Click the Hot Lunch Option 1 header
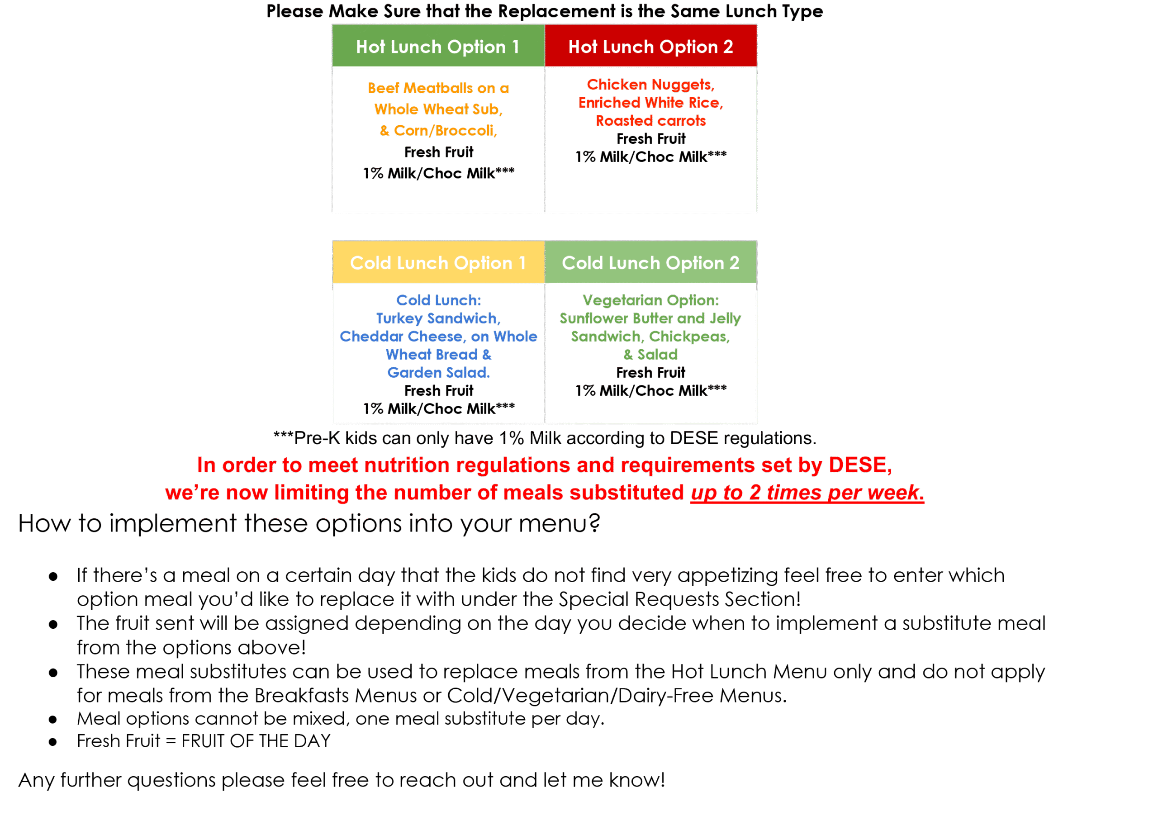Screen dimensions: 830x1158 click(x=437, y=47)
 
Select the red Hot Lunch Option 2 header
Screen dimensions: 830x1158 click(x=650, y=47)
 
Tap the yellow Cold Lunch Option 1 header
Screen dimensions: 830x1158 click(x=437, y=263)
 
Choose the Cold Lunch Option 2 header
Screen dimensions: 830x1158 click(x=650, y=263)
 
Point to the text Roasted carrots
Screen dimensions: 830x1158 click(x=650, y=120)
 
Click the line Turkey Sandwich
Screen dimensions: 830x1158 click(x=438, y=318)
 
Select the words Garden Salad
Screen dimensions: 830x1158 click(x=438, y=372)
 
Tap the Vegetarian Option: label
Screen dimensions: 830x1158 click(x=650, y=300)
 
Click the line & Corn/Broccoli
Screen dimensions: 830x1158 click(x=438, y=131)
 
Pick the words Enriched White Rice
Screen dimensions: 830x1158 click(x=650, y=103)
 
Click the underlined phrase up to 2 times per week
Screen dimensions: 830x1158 click(x=807, y=493)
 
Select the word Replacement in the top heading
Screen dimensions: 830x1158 click(x=556, y=11)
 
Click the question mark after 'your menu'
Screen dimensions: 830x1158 click(x=594, y=523)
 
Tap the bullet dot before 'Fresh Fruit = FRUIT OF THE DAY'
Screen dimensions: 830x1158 click(x=52, y=742)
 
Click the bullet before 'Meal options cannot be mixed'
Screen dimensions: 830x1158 click(x=52, y=720)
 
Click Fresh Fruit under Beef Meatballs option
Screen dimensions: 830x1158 click(x=439, y=152)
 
